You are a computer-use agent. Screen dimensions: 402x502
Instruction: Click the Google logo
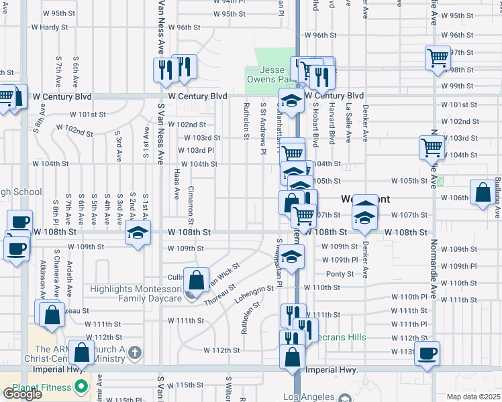22,394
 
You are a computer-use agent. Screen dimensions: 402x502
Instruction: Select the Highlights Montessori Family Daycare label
136,293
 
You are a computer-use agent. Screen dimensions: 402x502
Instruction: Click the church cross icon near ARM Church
134,352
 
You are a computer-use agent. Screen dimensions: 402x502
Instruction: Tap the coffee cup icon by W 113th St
427,353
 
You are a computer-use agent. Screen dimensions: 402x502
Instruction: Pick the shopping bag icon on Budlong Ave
483,192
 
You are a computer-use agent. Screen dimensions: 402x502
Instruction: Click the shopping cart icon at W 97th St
438,58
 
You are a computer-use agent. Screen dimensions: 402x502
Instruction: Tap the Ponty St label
335,274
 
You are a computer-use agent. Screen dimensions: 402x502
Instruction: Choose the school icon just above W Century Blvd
291,101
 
